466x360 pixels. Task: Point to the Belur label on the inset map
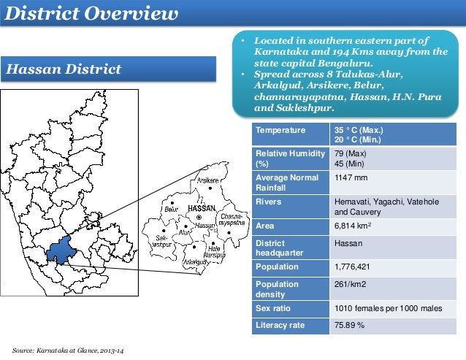point(172,209)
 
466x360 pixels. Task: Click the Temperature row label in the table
point(279,131)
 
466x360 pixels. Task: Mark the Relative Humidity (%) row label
point(288,159)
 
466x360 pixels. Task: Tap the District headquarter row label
point(282,248)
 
